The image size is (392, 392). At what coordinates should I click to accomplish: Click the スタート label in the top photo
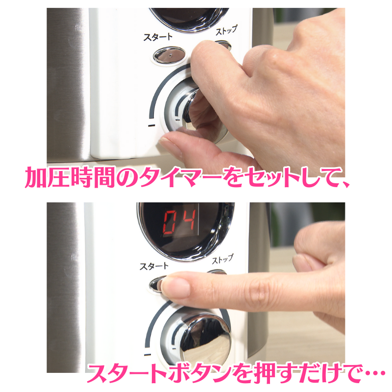(158, 37)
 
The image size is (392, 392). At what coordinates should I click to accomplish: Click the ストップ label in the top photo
(226, 30)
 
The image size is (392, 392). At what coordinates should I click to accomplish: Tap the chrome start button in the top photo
(170, 54)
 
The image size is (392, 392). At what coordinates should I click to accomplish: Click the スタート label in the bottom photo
(154, 266)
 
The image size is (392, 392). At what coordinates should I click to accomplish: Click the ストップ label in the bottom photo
(222, 259)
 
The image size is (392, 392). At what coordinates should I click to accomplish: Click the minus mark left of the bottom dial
(147, 354)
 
